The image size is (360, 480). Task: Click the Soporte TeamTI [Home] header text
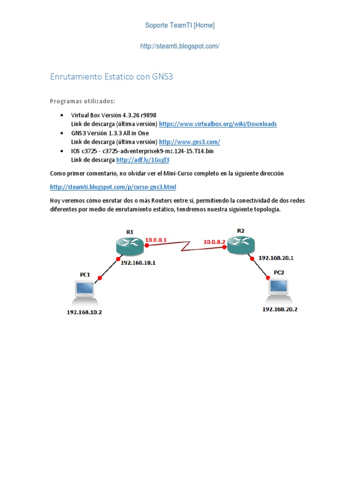tap(180, 25)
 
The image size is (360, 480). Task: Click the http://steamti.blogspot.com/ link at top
tap(180, 46)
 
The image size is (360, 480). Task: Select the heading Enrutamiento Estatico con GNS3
tap(112, 76)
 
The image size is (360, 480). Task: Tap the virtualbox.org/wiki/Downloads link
tap(218, 124)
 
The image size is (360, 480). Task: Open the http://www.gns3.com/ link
tap(189, 142)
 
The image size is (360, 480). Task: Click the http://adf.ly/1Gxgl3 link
tap(142, 160)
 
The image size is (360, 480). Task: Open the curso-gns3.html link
tap(113, 187)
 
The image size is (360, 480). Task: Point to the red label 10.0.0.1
tap(156, 240)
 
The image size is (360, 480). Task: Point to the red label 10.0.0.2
tap(214, 242)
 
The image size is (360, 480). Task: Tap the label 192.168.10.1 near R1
tap(138, 263)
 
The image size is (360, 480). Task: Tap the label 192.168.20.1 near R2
tap(276, 258)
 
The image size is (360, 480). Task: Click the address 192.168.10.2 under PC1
tap(84, 312)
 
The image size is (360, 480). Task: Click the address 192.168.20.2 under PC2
tap(280, 309)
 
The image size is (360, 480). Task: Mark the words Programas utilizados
tap(82, 101)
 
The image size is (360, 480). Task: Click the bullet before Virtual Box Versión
tap(63, 115)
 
